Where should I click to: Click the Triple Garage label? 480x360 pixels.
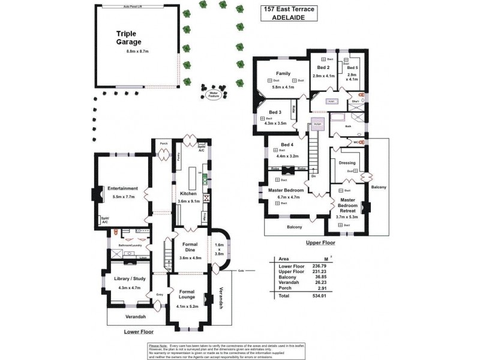tap(128, 38)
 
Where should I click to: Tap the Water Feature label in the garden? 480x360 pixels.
tap(213, 94)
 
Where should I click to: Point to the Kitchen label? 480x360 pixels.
tap(188, 193)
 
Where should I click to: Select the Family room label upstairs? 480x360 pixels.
tap(283, 74)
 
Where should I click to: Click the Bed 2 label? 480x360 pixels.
tap(323, 68)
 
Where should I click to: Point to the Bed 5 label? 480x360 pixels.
tap(352, 68)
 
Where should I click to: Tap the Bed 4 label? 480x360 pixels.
tap(287, 145)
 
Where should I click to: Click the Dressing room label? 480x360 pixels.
tap(347, 163)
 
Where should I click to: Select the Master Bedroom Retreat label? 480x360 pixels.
tap(347, 205)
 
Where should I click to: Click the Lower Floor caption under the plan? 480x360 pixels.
tap(139, 331)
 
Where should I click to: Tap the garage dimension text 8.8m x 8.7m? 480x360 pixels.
tap(137, 52)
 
